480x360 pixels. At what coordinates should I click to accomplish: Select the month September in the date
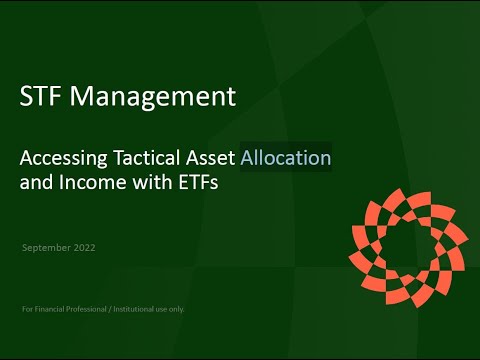[45, 245]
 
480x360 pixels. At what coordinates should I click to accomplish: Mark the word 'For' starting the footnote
[27, 309]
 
